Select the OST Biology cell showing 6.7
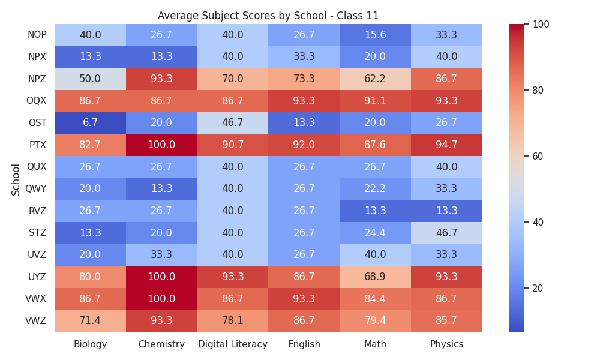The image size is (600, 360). (91, 123)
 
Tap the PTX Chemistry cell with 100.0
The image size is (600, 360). (161, 145)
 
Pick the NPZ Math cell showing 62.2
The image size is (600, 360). (375, 79)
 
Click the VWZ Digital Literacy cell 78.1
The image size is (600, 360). (233, 321)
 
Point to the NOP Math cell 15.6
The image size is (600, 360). (375, 35)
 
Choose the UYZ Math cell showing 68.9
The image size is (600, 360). (375, 277)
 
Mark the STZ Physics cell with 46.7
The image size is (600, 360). (446, 233)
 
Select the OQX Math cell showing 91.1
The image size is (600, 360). (375, 101)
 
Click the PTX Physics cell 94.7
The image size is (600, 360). (446, 145)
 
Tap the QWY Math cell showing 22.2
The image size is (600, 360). (375, 189)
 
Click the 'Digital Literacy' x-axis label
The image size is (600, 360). (233, 344)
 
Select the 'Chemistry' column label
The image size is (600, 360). (161, 344)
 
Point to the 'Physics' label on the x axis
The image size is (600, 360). (446, 344)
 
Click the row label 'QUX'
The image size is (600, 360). (37, 167)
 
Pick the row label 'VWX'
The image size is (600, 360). (35, 299)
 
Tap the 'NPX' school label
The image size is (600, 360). (37, 57)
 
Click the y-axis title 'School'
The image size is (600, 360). (16, 180)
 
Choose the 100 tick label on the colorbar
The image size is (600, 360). (541, 25)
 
